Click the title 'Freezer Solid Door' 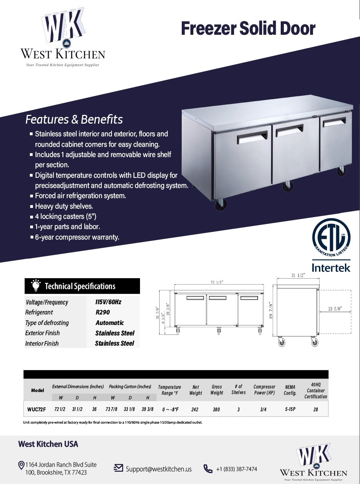pyautogui.click(x=248, y=29)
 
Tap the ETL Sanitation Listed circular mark pyautogui.click(x=331, y=238)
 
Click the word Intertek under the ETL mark pyautogui.click(x=331, y=268)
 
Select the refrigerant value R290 pyautogui.click(x=103, y=312)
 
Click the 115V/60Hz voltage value pyautogui.click(x=108, y=302)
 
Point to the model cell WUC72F pyautogui.click(x=36, y=409)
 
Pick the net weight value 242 pyautogui.click(x=195, y=410)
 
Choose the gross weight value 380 pyautogui.click(x=216, y=410)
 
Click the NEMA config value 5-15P pyautogui.click(x=290, y=409)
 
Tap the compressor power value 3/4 pyautogui.click(x=264, y=410)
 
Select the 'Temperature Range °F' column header pyautogui.click(x=169, y=390)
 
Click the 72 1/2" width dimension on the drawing pyautogui.click(x=217, y=282)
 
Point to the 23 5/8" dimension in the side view pyautogui.click(x=335, y=309)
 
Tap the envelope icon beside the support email pyautogui.click(x=119, y=468)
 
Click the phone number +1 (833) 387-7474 pyautogui.click(x=236, y=469)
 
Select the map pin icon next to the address pyautogui.click(x=21, y=466)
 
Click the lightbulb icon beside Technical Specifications pyautogui.click(x=35, y=286)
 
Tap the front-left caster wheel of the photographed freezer pyautogui.click(x=221, y=204)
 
